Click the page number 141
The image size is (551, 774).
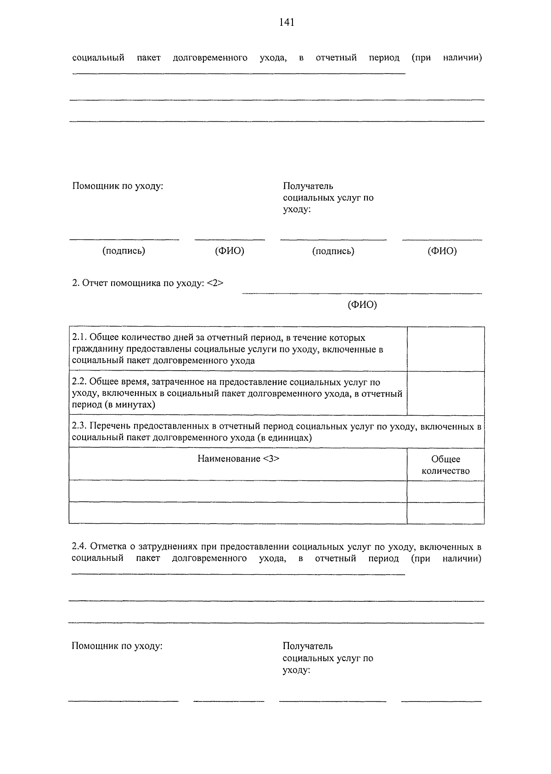tap(286, 23)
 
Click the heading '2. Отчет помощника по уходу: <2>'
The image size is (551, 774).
tap(148, 283)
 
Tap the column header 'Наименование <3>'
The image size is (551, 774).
tap(238, 459)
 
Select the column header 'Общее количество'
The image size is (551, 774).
tap(445, 465)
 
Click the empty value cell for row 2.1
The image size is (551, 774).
tap(445, 349)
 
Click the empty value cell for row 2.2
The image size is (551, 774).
tap(445, 393)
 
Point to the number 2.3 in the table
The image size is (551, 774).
tap(79, 426)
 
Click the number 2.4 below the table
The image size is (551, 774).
tap(79, 547)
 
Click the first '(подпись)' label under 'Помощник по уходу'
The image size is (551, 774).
tap(124, 251)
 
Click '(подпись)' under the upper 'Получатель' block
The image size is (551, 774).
tap(333, 251)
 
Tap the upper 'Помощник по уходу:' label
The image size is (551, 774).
tap(118, 186)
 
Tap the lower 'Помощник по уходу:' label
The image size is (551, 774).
tap(117, 646)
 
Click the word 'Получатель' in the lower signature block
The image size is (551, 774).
tap(308, 646)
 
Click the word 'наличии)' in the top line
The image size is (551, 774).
tap(462, 58)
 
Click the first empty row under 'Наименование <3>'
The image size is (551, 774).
tap(238, 492)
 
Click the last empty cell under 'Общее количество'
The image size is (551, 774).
tap(445, 513)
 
